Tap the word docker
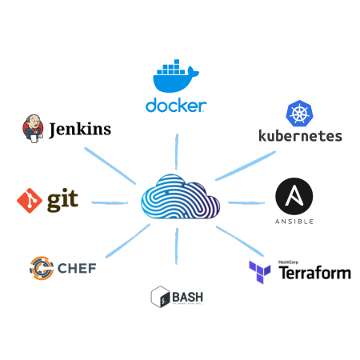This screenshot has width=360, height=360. point(176,106)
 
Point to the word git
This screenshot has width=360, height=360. point(62,198)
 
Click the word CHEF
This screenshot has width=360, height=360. point(77,268)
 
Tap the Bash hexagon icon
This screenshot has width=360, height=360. point(160,297)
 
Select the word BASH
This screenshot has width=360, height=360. point(189,297)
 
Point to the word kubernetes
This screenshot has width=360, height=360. point(300,136)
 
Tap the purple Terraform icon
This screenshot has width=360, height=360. point(261,272)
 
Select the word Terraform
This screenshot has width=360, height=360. point(314,273)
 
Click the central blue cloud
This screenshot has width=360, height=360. point(180,197)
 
